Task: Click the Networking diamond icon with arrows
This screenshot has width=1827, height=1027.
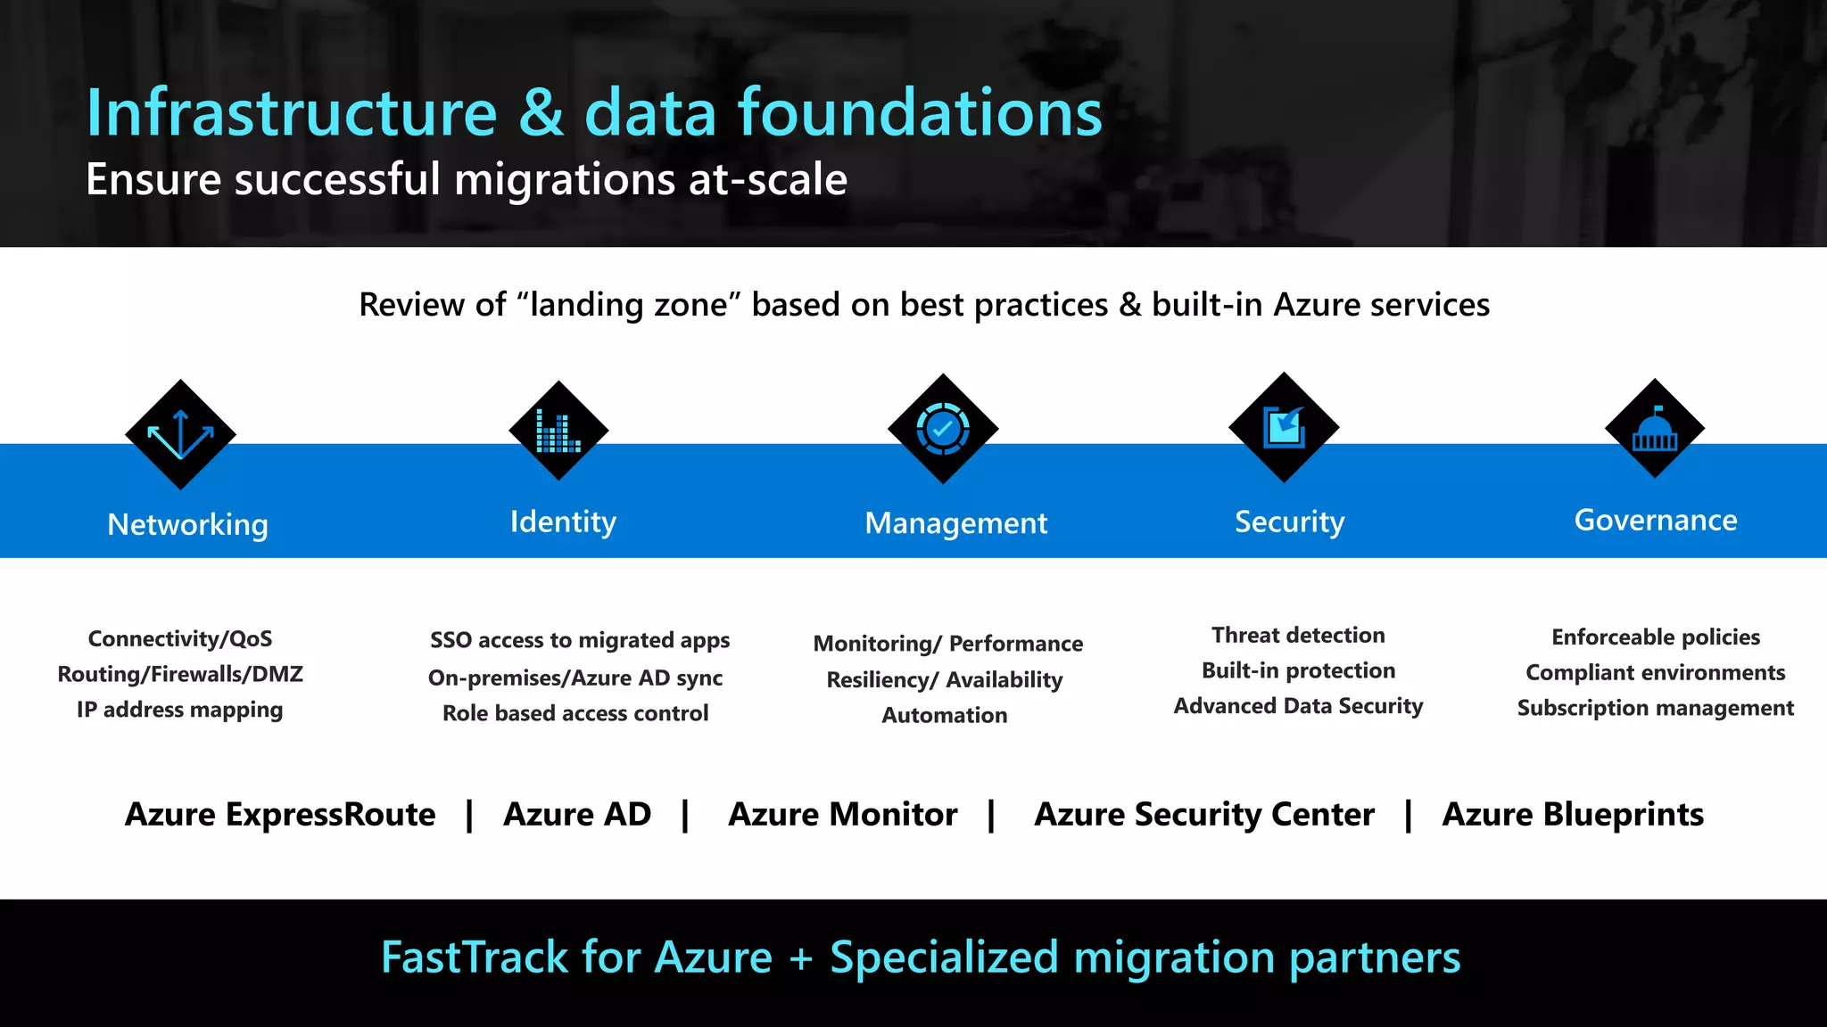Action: click(x=181, y=434)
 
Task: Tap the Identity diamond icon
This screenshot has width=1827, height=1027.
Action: click(x=558, y=431)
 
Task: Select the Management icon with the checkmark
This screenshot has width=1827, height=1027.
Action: click(x=943, y=429)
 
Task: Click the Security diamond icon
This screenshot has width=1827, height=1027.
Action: click(x=1284, y=428)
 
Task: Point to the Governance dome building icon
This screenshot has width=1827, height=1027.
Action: click(x=1655, y=429)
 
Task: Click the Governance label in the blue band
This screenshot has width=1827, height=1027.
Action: click(x=1656, y=520)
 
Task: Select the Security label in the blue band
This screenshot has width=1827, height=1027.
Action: click(x=1289, y=522)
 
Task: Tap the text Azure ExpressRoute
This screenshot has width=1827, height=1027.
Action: click(x=280, y=814)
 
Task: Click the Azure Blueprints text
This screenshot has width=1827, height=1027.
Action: click(x=1573, y=814)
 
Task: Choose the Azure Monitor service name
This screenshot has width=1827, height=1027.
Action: click(x=842, y=814)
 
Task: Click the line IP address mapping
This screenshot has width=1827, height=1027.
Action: click(x=179, y=710)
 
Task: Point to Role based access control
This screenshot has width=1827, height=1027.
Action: click(x=575, y=713)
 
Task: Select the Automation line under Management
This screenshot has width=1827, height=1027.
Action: click(x=945, y=715)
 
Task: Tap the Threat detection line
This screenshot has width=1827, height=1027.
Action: click(x=1298, y=635)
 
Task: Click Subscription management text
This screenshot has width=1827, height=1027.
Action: click(x=1655, y=708)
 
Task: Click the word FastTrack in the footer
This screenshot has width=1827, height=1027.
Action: click(x=474, y=957)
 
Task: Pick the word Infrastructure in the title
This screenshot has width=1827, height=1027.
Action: click(x=291, y=113)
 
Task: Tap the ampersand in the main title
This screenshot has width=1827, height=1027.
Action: click(x=541, y=113)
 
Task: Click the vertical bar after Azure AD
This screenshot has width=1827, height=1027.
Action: click(x=685, y=815)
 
